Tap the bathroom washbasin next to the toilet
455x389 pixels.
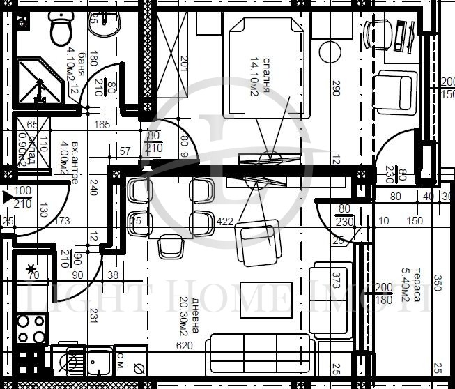[105, 25]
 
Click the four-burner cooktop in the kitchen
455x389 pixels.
[31, 329]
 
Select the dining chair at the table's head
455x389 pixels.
[170, 246]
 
